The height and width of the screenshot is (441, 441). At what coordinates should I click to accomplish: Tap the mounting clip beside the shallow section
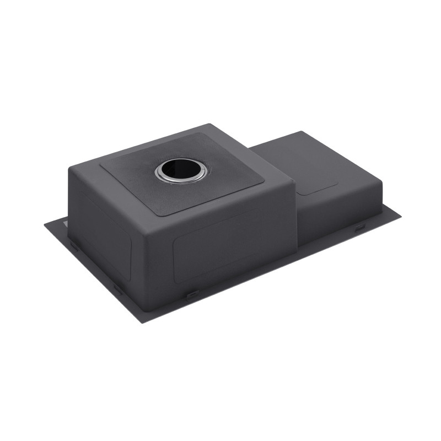point(358,227)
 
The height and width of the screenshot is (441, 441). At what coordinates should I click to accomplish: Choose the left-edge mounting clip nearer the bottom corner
point(118,288)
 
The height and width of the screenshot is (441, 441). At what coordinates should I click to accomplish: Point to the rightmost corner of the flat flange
point(400,212)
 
